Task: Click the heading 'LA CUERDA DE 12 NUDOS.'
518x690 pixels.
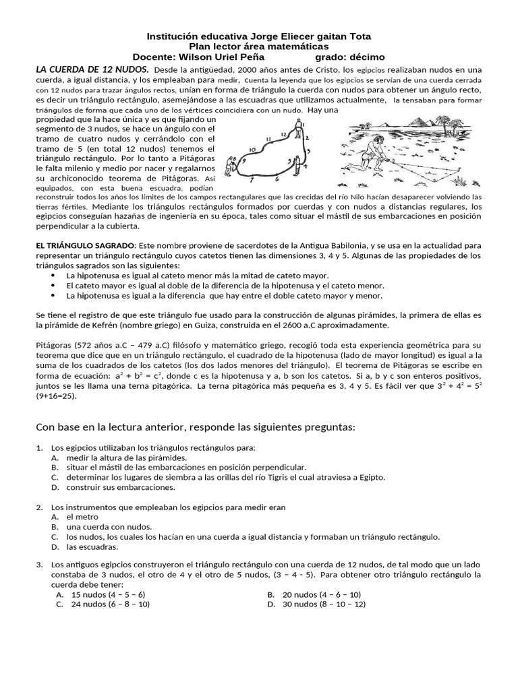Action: (92, 69)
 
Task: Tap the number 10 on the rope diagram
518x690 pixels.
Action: (252, 150)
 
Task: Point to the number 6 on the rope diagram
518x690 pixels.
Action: (276, 179)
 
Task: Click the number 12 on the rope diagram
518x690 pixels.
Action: (283, 134)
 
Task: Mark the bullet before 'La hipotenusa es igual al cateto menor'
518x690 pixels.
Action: (55, 276)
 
